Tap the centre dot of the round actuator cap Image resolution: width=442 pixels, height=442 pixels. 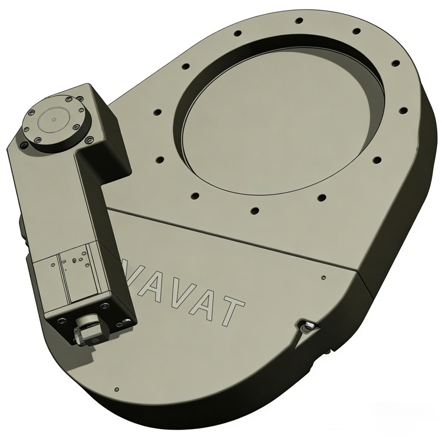pos(54,119)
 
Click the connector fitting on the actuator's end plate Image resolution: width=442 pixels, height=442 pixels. pos(87,329)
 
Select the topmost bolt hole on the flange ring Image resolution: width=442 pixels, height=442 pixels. pos(299,21)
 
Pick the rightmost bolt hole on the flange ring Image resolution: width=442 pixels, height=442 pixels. pos(403,110)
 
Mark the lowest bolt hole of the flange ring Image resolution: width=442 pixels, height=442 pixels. pos(255,210)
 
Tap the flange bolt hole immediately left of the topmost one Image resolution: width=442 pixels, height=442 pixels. pos(238,33)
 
